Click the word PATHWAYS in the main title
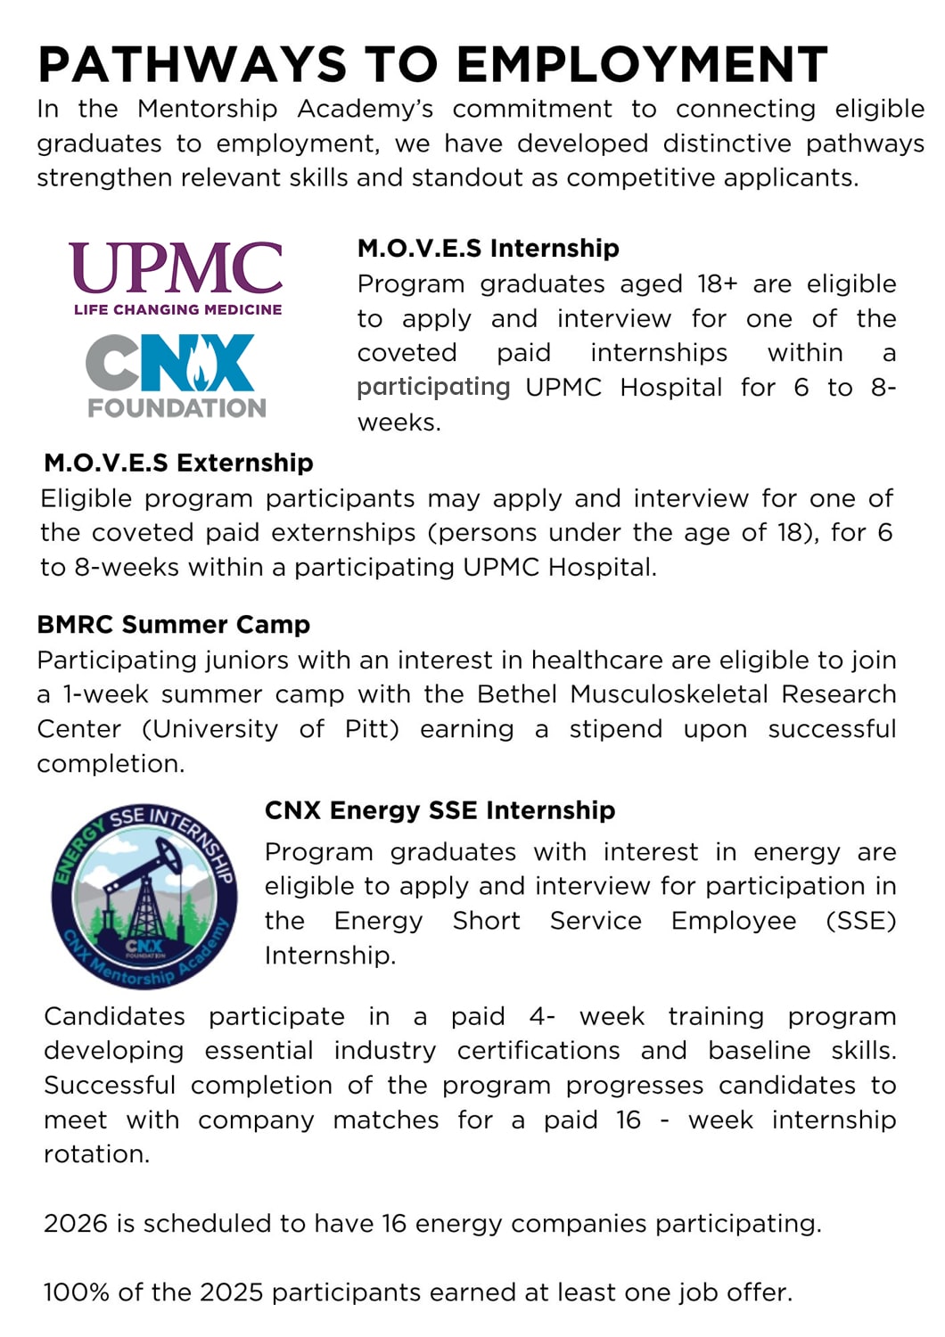coord(192,65)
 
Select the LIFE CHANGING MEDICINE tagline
coord(177,309)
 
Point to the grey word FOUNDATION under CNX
coord(177,408)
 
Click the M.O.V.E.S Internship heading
coord(488,248)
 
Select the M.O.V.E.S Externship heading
coord(178,463)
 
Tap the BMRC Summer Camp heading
coord(173,624)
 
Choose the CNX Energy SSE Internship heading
coord(440,810)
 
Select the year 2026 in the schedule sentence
coord(76,1223)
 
